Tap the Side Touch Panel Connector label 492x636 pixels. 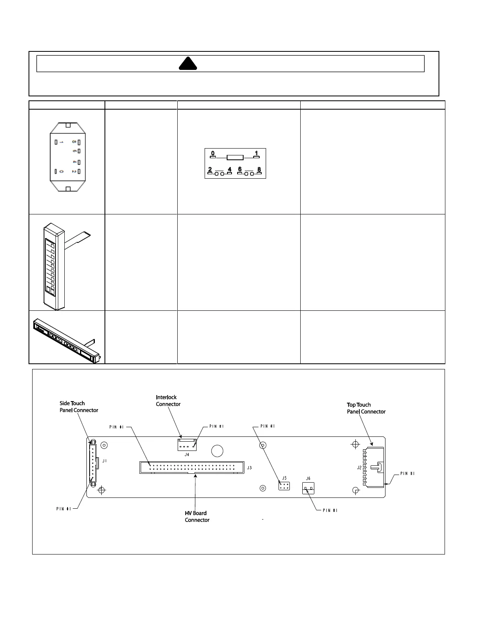tap(79, 407)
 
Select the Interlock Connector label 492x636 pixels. tap(168, 401)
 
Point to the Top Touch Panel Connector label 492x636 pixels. tap(366, 408)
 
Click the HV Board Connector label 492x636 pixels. tap(197, 516)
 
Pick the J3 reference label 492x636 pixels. tap(249, 468)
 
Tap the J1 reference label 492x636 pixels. tap(105, 461)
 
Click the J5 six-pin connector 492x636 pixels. tap(284, 486)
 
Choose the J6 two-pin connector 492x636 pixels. tap(308, 488)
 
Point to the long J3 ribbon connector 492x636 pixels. tap(192, 467)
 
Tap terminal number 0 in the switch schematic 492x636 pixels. tap(213, 153)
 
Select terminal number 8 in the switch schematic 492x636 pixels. tap(259, 169)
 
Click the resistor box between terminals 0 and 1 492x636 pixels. tap(235, 157)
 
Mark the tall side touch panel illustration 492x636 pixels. tap(54, 266)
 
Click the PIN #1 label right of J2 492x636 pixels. tap(408, 474)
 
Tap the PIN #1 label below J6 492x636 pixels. tap(330, 510)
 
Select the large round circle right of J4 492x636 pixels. tap(217, 451)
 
